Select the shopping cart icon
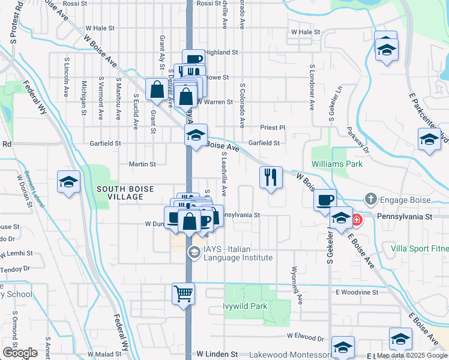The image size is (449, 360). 184,294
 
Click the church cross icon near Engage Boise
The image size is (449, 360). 371,199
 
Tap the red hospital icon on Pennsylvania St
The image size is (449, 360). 357,220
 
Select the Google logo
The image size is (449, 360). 20,353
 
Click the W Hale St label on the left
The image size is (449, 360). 100,28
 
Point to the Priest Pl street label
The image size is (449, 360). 272,128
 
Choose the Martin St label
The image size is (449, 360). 142,164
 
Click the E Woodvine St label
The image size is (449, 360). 357,292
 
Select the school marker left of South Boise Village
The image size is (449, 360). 68,182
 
